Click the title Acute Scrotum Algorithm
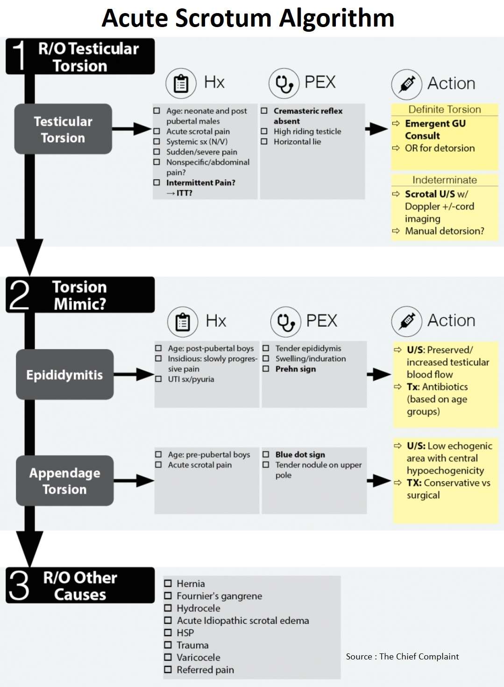[x=248, y=19]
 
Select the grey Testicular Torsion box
[x=63, y=129]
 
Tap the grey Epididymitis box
[x=64, y=375]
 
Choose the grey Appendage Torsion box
[x=64, y=481]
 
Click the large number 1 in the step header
[x=19, y=56]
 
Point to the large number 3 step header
[x=19, y=585]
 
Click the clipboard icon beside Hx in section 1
[x=181, y=84]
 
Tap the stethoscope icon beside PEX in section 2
[x=285, y=322]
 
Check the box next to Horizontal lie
[x=264, y=141]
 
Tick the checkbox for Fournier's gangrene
[x=168, y=596]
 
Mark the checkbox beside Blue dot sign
[x=266, y=454]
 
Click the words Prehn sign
[x=296, y=369]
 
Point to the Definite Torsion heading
[x=445, y=110]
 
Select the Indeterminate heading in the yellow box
[x=445, y=180]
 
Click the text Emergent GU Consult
[x=434, y=129]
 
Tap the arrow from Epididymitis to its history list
[x=134, y=374]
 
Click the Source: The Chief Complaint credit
[x=402, y=657]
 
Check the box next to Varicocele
[x=168, y=657]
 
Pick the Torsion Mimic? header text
[x=79, y=295]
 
